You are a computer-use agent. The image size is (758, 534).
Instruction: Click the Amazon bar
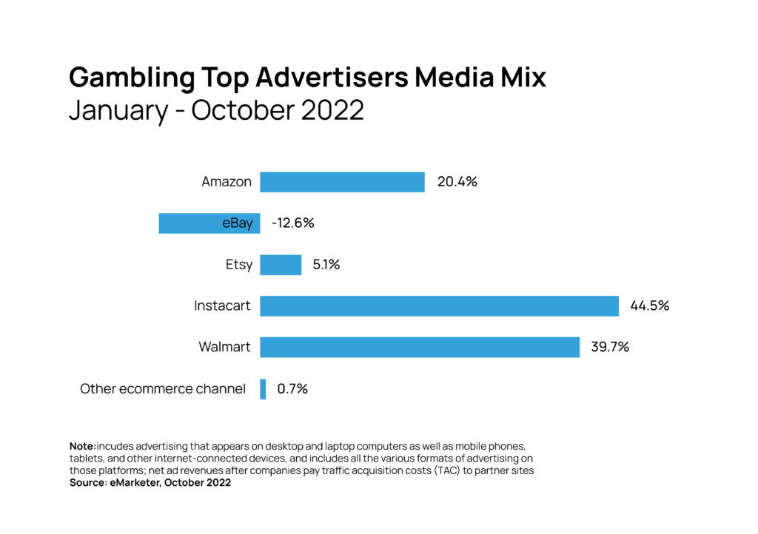click(342, 182)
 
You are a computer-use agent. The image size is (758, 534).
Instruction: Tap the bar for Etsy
click(281, 265)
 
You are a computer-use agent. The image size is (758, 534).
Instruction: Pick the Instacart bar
click(439, 306)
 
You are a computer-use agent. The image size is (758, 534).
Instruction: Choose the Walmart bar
click(419, 347)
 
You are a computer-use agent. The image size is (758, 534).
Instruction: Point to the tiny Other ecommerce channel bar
click(263, 389)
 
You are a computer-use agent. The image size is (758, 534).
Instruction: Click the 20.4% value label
click(457, 182)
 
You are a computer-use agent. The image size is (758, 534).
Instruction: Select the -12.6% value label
click(292, 223)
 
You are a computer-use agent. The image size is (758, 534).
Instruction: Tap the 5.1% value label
click(325, 265)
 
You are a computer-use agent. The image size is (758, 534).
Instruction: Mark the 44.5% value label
click(649, 306)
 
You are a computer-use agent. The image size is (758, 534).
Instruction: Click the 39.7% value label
click(610, 347)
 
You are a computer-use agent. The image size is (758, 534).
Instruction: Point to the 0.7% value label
click(292, 389)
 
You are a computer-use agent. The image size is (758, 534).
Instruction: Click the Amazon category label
click(227, 182)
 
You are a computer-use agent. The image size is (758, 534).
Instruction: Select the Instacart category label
click(223, 306)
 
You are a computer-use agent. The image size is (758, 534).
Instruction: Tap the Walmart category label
click(225, 347)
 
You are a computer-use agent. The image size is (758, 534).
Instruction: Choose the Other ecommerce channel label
click(163, 389)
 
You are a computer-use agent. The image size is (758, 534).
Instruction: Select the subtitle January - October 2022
click(216, 110)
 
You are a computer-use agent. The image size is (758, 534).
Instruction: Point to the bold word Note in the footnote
click(81, 447)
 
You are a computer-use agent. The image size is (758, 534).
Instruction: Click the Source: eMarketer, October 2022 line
click(150, 483)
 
